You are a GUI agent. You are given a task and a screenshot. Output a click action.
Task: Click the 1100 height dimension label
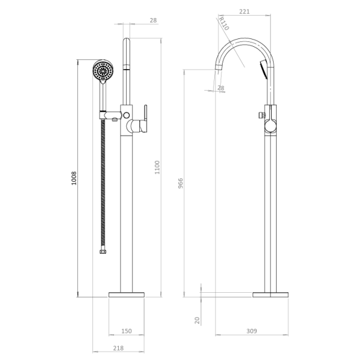click(157, 167)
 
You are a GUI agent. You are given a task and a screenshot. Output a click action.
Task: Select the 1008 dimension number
click(74, 178)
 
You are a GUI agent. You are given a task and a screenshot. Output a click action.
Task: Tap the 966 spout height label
click(181, 183)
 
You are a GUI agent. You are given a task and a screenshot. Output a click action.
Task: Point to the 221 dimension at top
click(244, 11)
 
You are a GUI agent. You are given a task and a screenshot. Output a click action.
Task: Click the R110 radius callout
click(223, 23)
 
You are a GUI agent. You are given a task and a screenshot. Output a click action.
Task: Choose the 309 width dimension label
click(251, 331)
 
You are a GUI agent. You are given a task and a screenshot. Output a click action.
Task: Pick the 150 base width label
click(127, 331)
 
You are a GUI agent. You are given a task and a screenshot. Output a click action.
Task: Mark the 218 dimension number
click(118, 348)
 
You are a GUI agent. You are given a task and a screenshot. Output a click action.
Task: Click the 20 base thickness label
click(197, 320)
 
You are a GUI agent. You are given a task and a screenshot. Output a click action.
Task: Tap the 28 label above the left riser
click(154, 20)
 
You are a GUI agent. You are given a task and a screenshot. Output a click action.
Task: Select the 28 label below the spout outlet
click(221, 88)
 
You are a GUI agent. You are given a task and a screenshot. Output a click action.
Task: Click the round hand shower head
click(103, 70)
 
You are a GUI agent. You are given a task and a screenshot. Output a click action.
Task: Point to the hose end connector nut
click(103, 252)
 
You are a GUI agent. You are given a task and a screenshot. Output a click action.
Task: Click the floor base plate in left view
click(127, 295)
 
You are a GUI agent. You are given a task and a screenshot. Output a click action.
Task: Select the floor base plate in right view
click(271, 295)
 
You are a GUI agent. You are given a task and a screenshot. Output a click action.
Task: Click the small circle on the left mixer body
click(126, 115)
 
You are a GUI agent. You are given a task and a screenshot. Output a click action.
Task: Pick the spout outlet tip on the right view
click(218, 68)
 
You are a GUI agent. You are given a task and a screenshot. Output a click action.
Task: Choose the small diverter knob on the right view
click(261, 115)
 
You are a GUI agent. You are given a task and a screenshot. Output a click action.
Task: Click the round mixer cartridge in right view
click(271, 127)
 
